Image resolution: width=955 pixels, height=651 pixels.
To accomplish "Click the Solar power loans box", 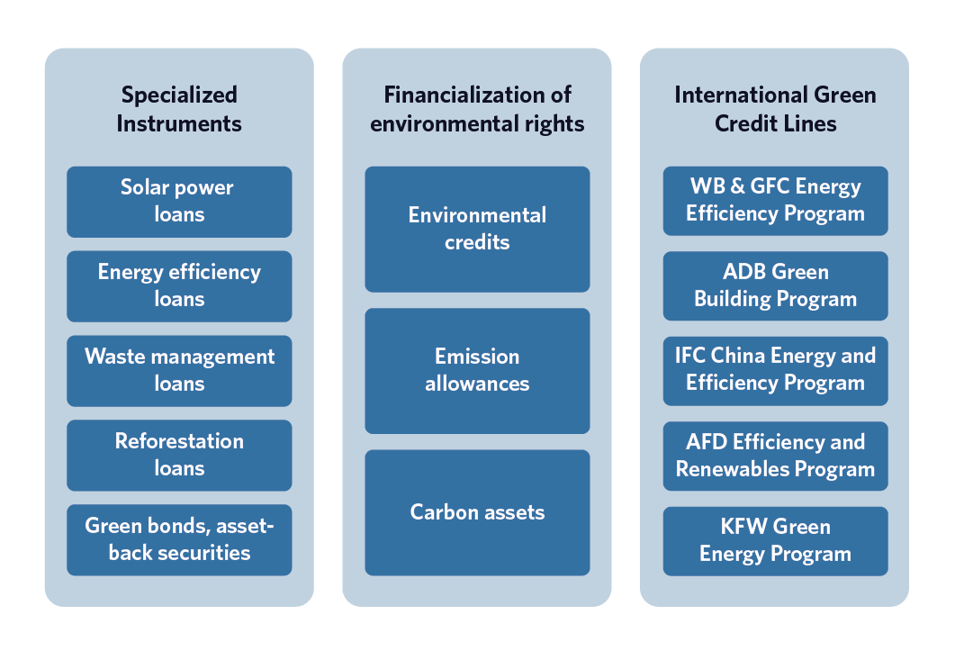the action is tap(179, 202).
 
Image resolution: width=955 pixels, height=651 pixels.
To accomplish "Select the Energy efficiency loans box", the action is tap(179, 285).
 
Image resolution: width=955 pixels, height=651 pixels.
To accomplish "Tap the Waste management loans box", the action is tap(179, 371).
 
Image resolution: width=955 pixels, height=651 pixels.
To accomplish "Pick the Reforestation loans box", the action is tap(179, 456).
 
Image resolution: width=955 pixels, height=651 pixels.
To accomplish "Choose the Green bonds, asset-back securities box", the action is tap(179, 540).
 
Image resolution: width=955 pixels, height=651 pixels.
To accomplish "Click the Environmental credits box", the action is tap(477, 230).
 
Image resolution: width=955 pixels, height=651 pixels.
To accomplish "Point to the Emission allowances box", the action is tap(477, 371).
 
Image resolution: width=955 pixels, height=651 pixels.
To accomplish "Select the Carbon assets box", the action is tap(477, 512).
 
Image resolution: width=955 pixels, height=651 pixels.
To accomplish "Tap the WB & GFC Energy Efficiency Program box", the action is tap(775, 201).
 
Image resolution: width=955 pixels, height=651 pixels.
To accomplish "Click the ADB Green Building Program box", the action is tap(775, 285).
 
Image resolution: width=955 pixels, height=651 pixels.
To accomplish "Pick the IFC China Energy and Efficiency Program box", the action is tap(775, 371).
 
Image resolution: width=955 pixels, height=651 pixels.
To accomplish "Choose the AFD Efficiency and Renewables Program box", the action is tap(775, 456).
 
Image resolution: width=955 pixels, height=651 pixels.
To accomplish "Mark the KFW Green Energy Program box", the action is tap(775, 541).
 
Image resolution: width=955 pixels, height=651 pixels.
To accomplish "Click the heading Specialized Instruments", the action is tap(179, 109).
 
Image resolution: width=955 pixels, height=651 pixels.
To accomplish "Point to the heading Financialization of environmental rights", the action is tap(477, 109).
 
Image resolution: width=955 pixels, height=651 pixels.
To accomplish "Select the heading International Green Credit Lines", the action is tap(775, 109).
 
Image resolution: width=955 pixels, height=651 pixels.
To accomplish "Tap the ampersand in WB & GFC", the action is tap(737, 185).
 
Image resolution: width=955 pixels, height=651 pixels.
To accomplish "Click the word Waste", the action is tap(114, 357).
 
